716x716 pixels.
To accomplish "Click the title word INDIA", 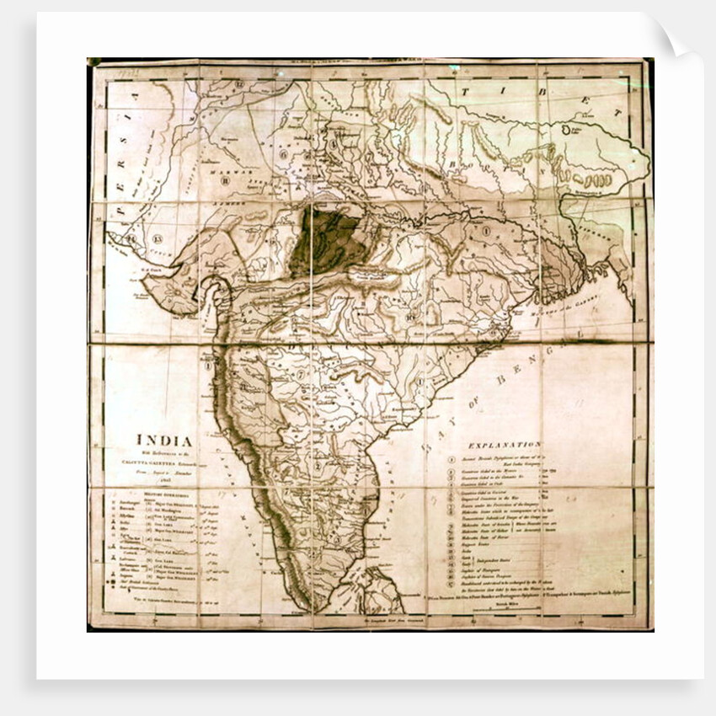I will (x=165, y=441).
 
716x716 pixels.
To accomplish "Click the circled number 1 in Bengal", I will (x=485, y=229).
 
